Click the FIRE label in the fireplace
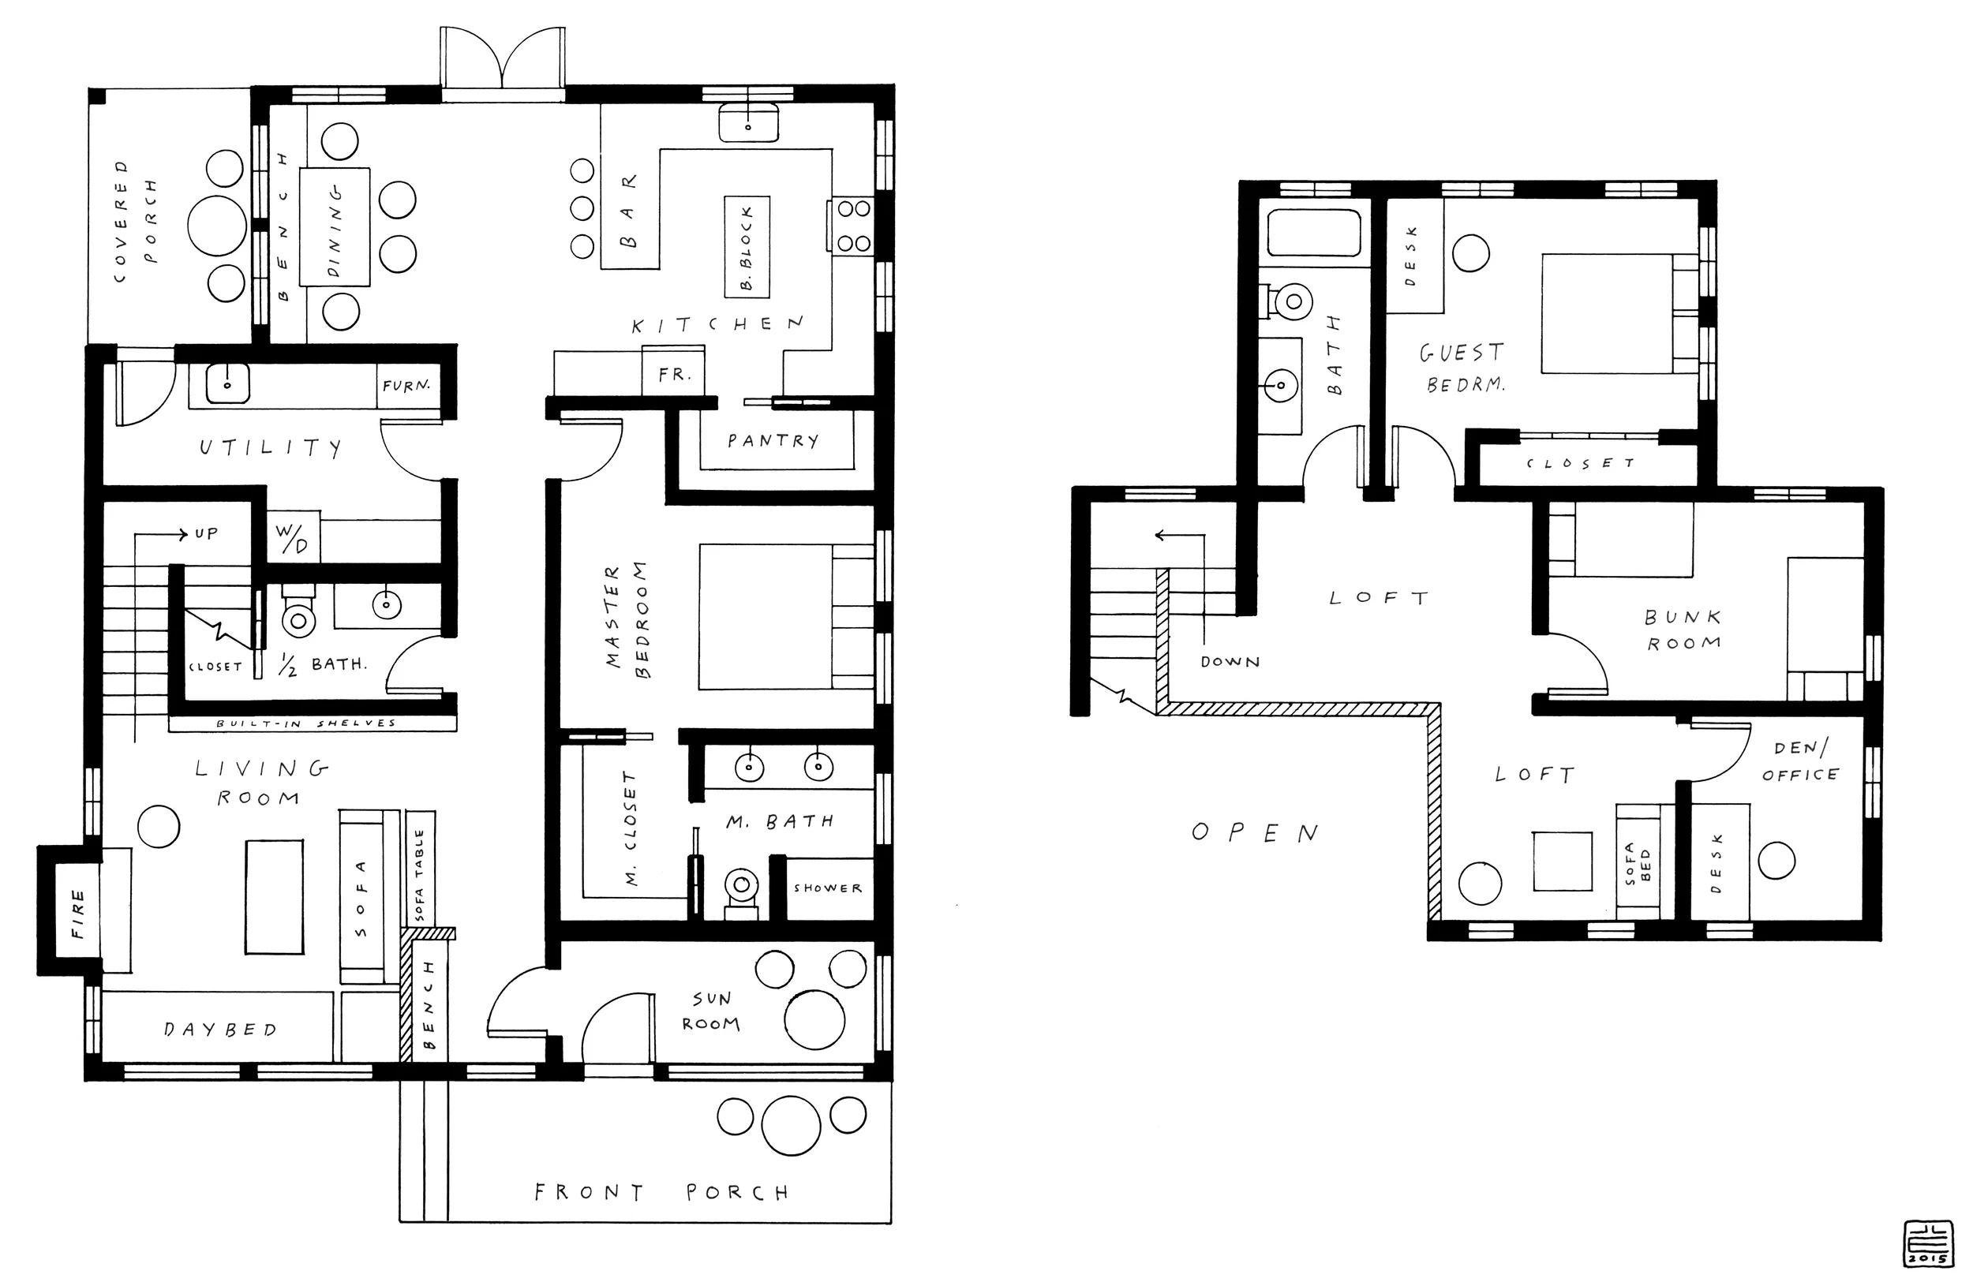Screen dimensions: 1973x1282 77,914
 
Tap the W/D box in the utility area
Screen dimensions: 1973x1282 294,537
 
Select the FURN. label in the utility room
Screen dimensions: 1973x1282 406,385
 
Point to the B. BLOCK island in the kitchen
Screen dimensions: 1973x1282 747,246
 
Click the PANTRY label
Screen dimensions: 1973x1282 773,441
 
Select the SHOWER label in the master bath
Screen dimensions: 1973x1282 827,888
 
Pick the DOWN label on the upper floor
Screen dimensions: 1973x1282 1230,662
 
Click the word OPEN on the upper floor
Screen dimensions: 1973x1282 1254,833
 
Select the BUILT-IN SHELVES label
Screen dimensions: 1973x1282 306,723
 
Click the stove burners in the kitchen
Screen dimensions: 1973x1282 853,226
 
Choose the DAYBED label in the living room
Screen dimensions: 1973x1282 219,1030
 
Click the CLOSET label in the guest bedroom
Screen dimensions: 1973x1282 1580,463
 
